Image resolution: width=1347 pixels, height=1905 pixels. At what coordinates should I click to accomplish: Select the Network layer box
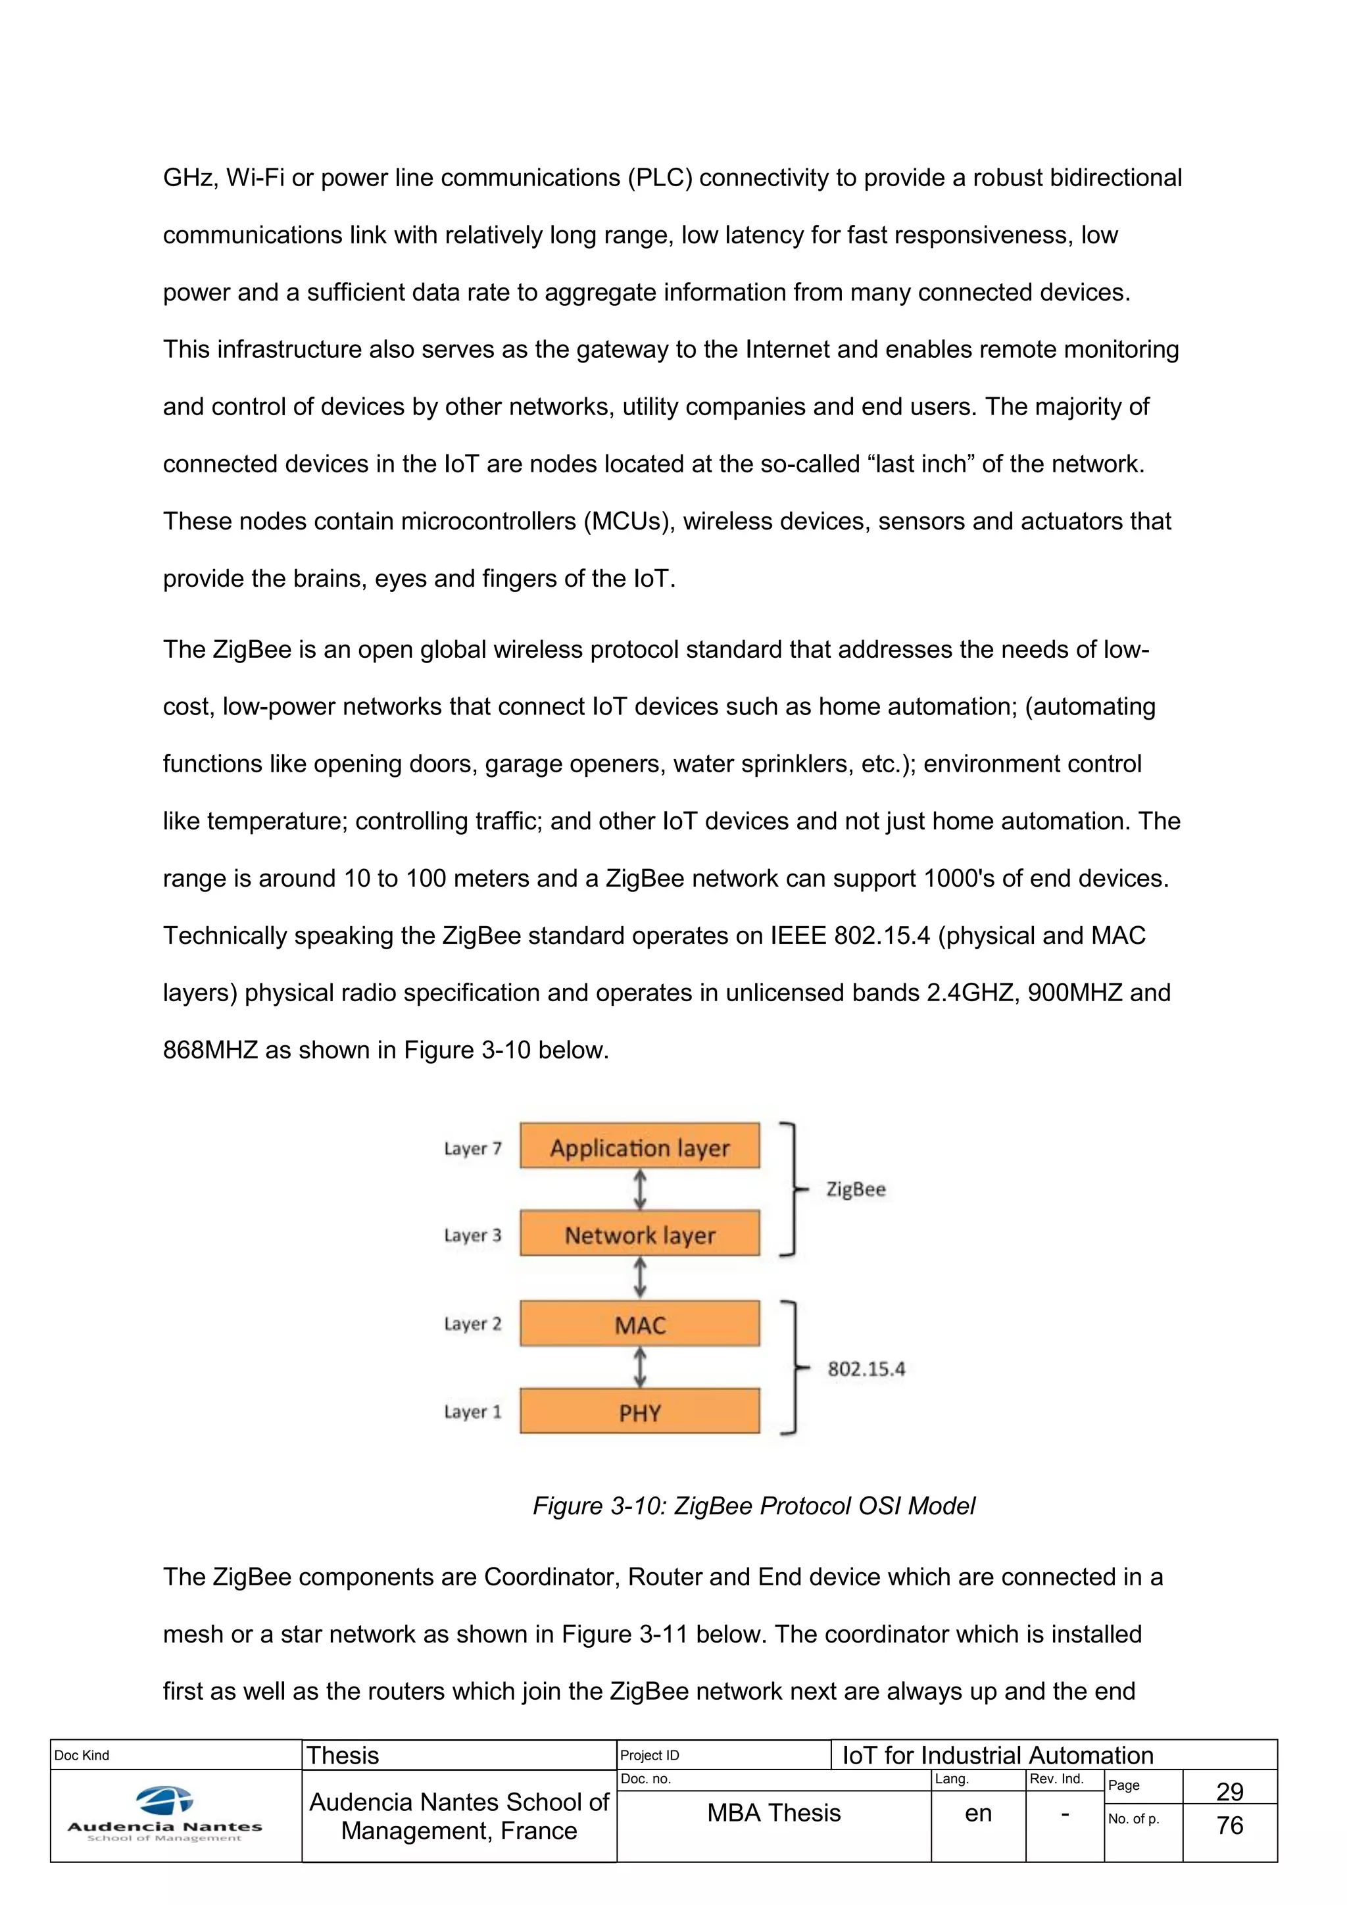639,1235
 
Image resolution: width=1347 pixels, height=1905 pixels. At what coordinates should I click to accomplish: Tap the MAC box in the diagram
639,1324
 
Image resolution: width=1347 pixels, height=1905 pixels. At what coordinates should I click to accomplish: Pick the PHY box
639,1412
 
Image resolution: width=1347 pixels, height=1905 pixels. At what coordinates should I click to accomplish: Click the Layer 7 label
473,1149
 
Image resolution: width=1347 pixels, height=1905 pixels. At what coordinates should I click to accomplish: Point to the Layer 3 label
473,1235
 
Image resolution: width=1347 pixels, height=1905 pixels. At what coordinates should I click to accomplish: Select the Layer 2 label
473,1324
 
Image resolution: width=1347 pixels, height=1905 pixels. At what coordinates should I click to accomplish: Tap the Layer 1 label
473,1412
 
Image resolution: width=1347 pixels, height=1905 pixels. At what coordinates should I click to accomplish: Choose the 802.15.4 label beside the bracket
866,1369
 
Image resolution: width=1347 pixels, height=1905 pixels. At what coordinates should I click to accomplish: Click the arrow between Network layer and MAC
639,1277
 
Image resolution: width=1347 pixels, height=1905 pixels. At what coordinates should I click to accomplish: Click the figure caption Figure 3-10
753,1506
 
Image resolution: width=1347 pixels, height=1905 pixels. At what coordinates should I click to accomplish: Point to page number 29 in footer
1229,1791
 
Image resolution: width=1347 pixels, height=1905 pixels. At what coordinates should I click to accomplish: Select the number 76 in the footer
1229,1825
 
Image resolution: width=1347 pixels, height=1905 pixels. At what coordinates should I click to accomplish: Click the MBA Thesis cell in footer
774,1814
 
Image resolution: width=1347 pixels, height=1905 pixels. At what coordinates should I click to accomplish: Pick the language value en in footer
978,1814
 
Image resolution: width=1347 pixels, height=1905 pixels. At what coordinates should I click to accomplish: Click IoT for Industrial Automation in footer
998,1756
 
